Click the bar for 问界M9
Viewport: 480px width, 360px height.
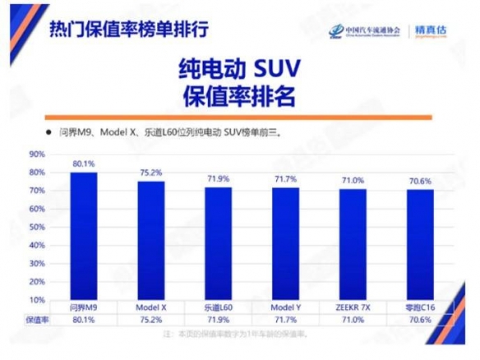click(84, 236)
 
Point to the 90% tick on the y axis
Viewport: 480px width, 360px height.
click(36, 154)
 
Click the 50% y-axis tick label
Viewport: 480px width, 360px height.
click(36, 226)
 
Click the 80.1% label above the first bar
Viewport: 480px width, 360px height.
click(84, 164)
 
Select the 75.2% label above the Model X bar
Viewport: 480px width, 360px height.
click(151, 173)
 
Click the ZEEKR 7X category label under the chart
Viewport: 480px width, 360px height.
click(353, 307)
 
